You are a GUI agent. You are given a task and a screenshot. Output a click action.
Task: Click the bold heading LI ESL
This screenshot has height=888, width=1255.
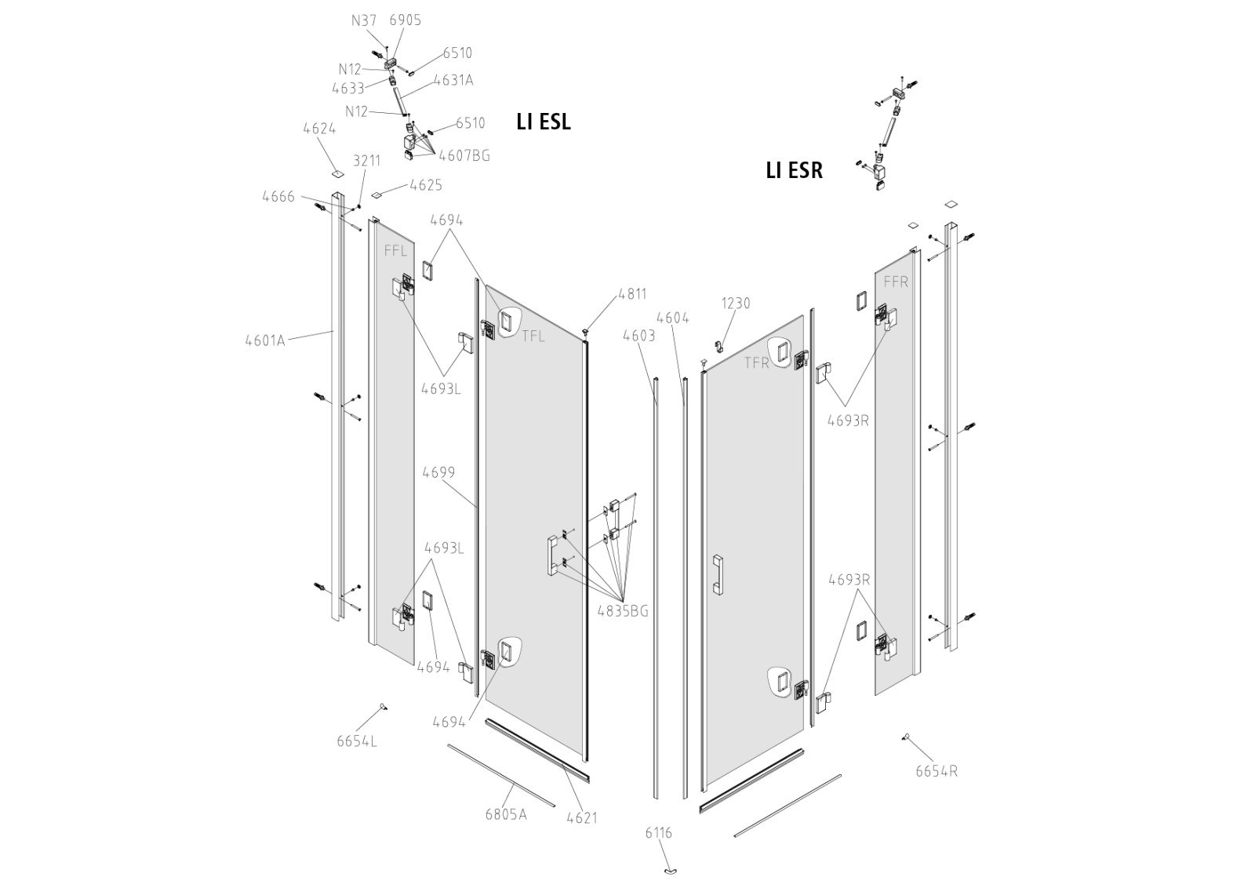pos(543,122)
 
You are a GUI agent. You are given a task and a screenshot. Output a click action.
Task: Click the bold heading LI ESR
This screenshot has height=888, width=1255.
pos(794,170)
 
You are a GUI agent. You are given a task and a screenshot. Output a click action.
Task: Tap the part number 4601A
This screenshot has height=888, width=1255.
pos(265,340)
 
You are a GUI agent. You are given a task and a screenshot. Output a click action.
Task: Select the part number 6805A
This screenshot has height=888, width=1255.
pos(505,813)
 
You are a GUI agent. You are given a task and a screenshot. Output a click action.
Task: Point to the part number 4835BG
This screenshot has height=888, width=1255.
pos(623,611)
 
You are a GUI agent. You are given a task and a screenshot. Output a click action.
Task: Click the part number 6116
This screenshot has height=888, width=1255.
pos(658,833)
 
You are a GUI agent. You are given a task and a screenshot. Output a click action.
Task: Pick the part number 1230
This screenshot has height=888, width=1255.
pos(736,303)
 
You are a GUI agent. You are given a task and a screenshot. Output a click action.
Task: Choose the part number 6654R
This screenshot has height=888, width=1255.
pos(936,771)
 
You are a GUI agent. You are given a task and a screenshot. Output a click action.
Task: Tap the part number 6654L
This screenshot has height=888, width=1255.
pos(357,741)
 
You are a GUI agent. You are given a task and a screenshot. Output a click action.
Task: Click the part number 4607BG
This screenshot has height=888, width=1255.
pos(464,155)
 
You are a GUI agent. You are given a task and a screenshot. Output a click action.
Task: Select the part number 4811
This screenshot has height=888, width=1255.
pos(632,294)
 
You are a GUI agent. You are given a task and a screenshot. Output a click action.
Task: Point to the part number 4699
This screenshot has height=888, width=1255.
pos(438,472)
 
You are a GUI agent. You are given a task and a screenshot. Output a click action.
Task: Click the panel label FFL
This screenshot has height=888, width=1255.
pos(395,251)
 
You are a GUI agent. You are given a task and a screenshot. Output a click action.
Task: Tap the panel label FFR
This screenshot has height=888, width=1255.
pos(896,282)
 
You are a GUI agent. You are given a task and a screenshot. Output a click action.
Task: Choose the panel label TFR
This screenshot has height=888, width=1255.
pos(757,362)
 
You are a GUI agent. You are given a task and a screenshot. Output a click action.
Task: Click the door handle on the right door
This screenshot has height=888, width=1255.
pos(717,576)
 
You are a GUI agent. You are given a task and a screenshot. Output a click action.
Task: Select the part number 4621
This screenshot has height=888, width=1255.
pos(582,817)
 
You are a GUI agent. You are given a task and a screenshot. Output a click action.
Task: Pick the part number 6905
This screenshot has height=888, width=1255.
pos(405,20)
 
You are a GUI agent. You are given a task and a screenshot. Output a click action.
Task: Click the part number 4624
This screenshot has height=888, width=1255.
pos(319,129)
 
